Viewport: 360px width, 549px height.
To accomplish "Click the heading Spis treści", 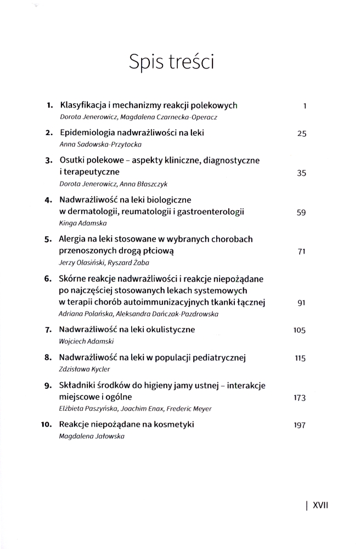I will pyautogui.click(x=171, y=61).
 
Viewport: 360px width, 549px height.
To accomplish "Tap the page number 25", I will pyautogui.click(x=301, y=133).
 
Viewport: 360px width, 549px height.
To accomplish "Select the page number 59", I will pyautogui.click(x=301, y=212).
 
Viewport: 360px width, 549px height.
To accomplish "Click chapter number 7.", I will pyautogui.click(x=48, y=330).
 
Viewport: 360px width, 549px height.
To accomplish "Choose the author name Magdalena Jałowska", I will pyautogui.click(x=87, y=436).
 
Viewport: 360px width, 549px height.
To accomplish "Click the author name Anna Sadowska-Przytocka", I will pyautogui.click(x=100, y=144).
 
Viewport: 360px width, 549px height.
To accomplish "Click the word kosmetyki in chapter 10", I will pyautogui.click(x=175, y=424).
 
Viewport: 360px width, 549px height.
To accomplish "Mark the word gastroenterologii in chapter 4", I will pyautogui.click(x=210, y=212).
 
